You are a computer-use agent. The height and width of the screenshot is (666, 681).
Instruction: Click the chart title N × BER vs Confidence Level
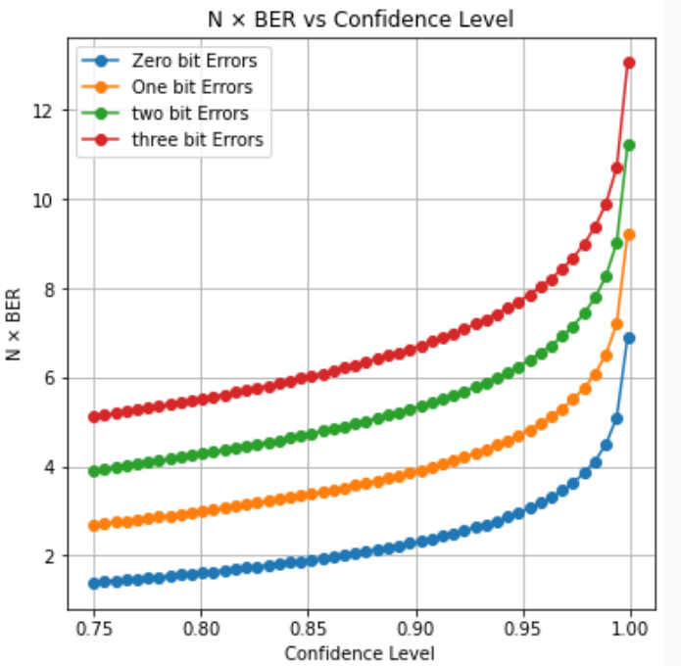(x=360, y=19)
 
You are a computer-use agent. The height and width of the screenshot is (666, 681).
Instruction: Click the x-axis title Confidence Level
(x=360, y=651)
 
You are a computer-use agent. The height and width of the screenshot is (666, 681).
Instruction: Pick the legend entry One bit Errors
(x=192, y=87)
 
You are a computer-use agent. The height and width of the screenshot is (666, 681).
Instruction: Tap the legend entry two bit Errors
(x=190, y=113)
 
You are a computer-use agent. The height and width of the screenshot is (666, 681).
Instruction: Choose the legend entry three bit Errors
(x=197, y=139)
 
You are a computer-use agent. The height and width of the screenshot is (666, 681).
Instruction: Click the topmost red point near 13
(x=629, y=63)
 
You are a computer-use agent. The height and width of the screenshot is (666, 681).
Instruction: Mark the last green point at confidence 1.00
(x=629, y=145)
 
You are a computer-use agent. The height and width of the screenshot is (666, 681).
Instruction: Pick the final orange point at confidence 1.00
(x=629, y=235)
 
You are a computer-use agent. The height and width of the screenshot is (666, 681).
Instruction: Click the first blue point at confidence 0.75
(x=94, y=583)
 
